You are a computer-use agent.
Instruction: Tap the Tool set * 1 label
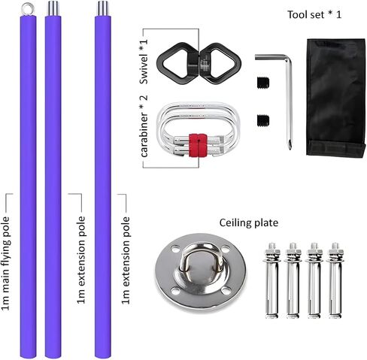click(x=314, y=14)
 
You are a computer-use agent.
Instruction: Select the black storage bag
click(x=335, y=98)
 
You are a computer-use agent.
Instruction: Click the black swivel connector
click(x=199, y=63)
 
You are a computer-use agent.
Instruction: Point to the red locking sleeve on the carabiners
click(x=198, y=145)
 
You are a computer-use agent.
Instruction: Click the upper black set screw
click(x=263, y=83)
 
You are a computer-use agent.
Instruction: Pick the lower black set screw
click(x=263, y=120)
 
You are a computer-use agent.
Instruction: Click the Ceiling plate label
click(x=249, y=222)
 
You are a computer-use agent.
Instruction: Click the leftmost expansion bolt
click(x=272, y=280)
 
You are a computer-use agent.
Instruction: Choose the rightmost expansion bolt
click(x=335, y=280)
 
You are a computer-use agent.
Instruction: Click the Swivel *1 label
click(x=144, y=62)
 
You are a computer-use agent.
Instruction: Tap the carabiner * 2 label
click(x=144, y=126)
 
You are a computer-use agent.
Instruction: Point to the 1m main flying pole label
click(x=5, y=264)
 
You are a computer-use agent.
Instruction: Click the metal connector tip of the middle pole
click(x=53, y=8)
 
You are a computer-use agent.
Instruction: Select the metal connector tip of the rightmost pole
click(x=103, y=8)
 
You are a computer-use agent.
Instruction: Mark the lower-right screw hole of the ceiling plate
click(x=226, y=291)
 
